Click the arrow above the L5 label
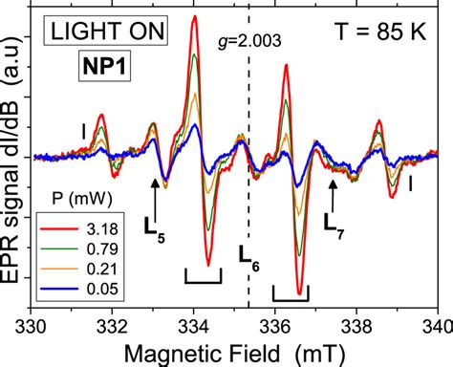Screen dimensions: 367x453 [154, 194]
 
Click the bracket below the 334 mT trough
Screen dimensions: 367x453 [204, 276]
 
